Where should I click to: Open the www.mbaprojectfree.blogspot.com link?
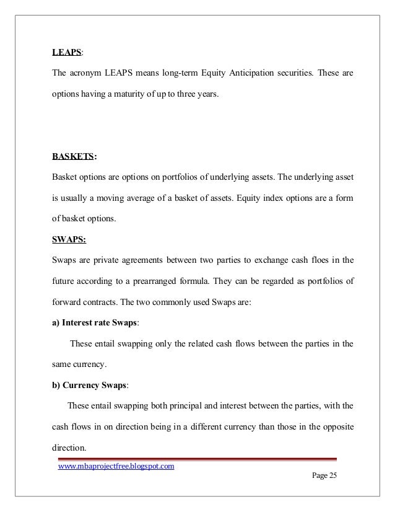(x=116, y=467)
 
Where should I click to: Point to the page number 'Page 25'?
(x=319, y=475)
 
